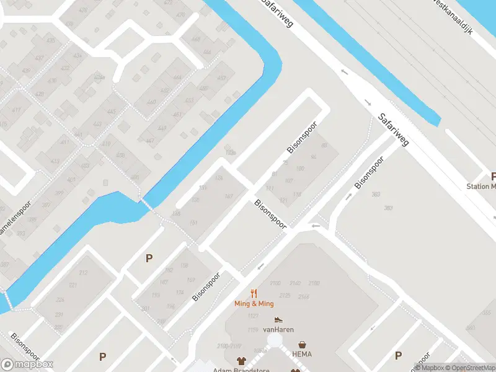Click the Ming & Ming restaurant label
coord(254,304)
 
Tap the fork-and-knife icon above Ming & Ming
coord(254,293)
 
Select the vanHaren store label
coord(278,330)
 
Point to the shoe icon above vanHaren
coord(278,320)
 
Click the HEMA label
coord(303,354)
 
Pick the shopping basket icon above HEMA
coord(303,344)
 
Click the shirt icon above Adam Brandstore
coord(241,360)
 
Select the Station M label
coord(482,187)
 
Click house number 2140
coord(295,283)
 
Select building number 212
coord(83,272)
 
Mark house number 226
coord(60,300)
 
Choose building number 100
coord(301,169)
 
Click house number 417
coord(16,111)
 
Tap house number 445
coord(111,112)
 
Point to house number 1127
coord(253,316)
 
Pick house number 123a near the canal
coord(231,153)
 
